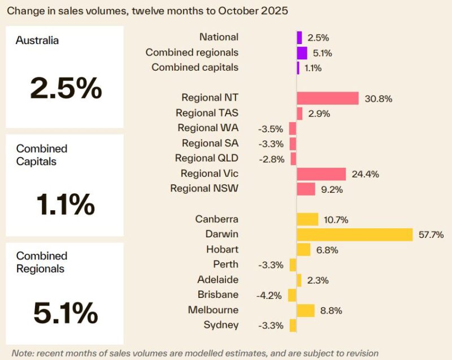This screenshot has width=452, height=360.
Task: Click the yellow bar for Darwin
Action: (355, 235)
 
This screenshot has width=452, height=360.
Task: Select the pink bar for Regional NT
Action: (328, 98)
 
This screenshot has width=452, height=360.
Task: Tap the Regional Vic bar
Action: (321, 174)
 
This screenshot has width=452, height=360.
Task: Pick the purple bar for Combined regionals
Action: (302, 53)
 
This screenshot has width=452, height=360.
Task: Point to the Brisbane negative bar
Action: (292, 295)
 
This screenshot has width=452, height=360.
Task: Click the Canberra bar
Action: (307, 219)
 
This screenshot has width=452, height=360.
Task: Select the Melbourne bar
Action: (306, 310)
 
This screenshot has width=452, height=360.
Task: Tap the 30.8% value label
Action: (377, 98)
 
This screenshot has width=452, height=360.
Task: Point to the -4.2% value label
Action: (270, 295)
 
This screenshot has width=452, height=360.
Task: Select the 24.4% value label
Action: (365, 174)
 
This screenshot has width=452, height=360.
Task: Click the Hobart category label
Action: (222, 249)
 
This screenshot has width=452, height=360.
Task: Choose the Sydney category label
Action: (221, 325)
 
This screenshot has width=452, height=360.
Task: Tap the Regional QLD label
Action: (206, 158)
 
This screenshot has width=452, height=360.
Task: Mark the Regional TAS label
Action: (207, 113)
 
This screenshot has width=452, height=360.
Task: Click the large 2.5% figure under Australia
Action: (66, 89)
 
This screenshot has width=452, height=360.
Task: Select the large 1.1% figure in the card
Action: (66, 204)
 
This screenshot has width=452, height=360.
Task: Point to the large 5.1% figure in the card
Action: (66, 313)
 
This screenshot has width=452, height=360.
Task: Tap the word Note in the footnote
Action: (22, 353)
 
